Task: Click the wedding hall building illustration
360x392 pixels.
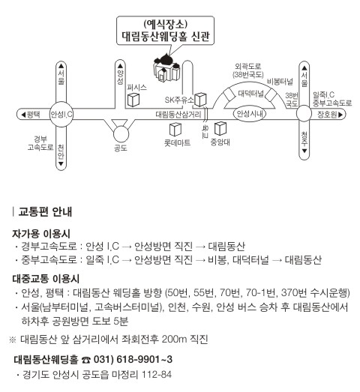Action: [x=166, y=67]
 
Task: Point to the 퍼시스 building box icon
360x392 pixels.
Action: [x=133, y=100]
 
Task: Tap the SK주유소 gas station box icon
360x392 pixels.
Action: [x=200, y=99]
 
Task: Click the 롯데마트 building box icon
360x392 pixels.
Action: [x=175, y=130]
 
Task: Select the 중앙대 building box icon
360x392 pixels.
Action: [x=220, y=128]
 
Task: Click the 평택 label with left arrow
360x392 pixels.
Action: [x=31, y=115]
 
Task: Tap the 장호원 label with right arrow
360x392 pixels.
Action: [x=330, y=115]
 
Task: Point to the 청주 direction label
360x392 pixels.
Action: [x=304, y=142]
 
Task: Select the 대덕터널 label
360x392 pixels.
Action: [x=251, y=94]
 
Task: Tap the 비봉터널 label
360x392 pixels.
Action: [x=280, y=82]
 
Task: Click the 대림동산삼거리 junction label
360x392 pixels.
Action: [x=178, y=115]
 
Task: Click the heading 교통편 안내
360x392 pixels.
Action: [x=45, y=212]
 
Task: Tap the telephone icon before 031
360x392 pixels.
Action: [x=86, y=360]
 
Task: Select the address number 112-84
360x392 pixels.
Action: [x=157, y=375]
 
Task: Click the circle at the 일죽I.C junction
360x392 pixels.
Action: [x=304, y=113]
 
